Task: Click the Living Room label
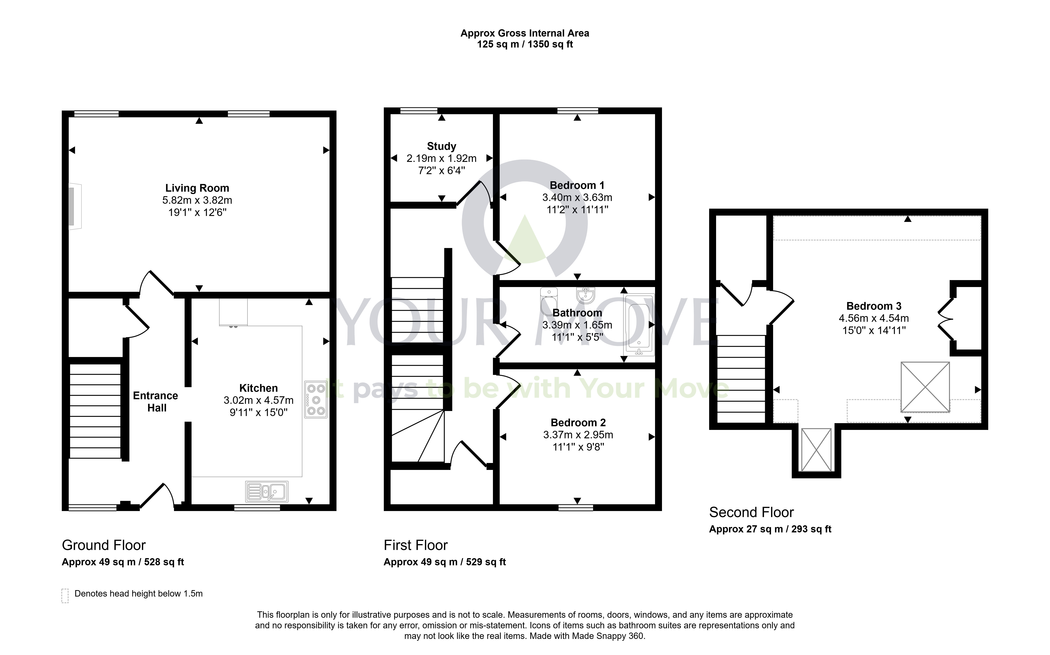click(197, 188)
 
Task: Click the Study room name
click(442, 146)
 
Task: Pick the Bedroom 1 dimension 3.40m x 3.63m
click(577, 198)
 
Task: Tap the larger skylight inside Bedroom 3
click(925, 387)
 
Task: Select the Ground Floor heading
click(104, 545)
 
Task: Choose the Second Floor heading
click(751, 512)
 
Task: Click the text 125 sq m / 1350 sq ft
click(525, 44)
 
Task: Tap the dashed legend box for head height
click(65, 596)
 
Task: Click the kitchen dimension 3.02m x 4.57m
click(259, 400)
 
